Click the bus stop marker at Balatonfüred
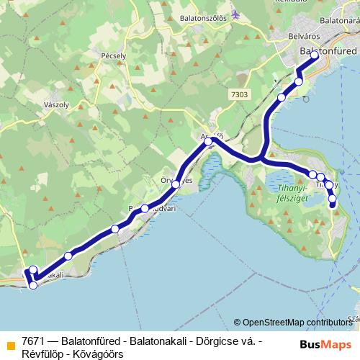(315, 55)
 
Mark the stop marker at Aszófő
(208, 142)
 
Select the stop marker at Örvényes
(176, 184)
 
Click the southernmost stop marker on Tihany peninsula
(333, 204)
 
